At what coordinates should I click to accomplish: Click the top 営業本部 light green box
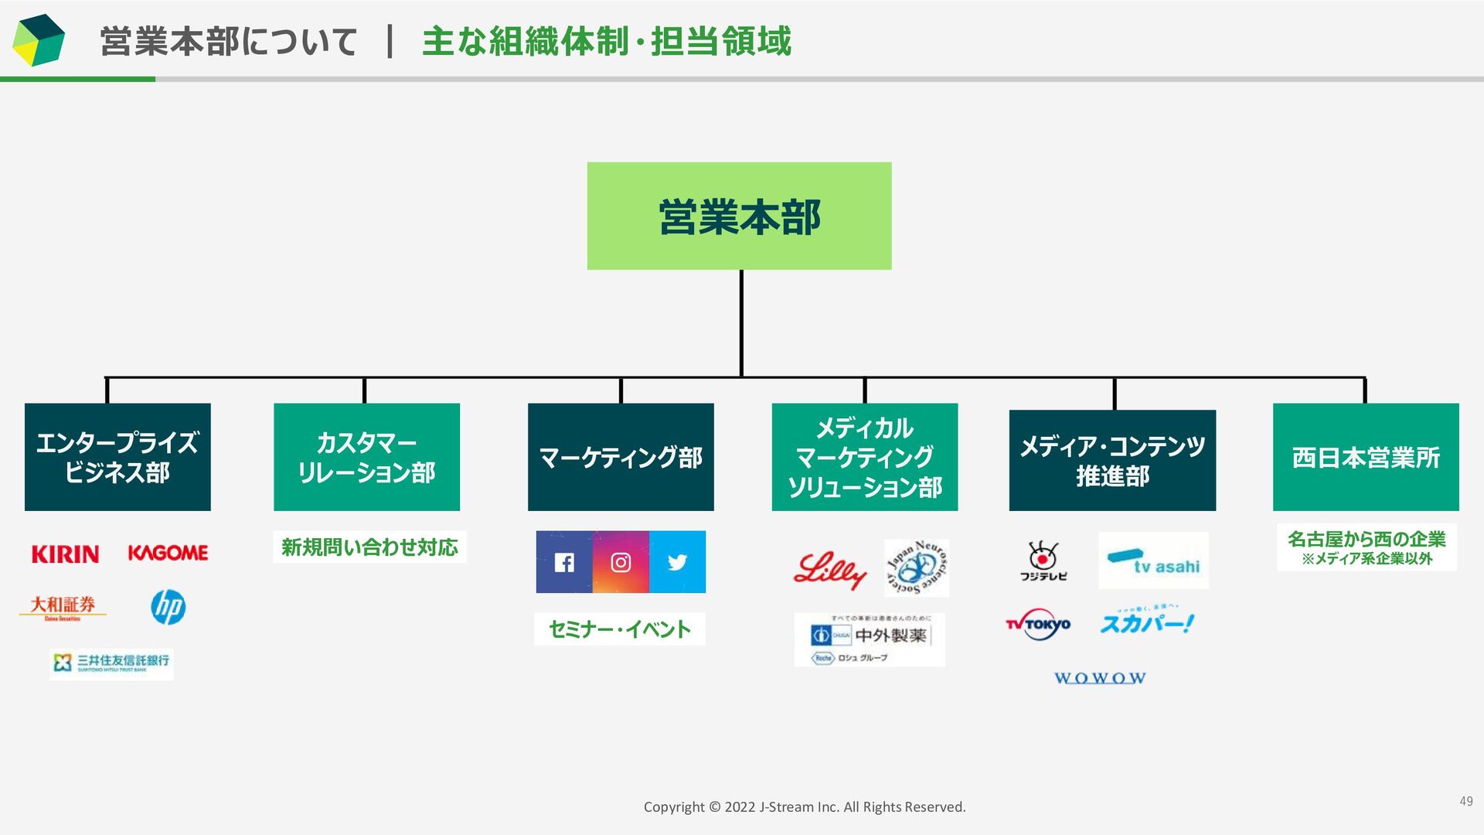pos(739,216)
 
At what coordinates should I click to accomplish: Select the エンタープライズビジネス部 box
pos(117,457)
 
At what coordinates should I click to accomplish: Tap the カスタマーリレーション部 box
pos(366,457)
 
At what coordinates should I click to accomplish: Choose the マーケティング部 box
pos(621,457)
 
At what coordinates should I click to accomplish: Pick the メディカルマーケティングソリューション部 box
pos(864,457)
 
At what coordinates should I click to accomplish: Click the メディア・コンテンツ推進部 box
pos(1112,460)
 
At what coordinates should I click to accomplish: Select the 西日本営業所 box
pos(1366,457)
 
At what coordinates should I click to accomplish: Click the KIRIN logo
pos(65,554)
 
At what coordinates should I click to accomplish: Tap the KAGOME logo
pos(168,553)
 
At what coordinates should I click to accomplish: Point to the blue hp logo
pos(168,607)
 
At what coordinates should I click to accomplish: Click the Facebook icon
pos(564,562)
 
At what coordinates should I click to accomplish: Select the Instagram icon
pos(621,562)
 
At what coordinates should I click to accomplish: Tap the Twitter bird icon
pos(677,562)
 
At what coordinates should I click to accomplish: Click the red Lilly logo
pos(829,570)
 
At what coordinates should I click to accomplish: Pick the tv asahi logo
pos(1153,561)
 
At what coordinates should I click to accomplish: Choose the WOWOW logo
pos(1100,678)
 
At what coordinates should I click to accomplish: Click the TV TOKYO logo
pos(1038,624)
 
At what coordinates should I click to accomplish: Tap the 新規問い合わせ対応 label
pos(369,547)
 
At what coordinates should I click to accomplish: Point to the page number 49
pos(1465,801)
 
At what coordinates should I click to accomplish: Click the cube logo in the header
pos(38,40)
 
